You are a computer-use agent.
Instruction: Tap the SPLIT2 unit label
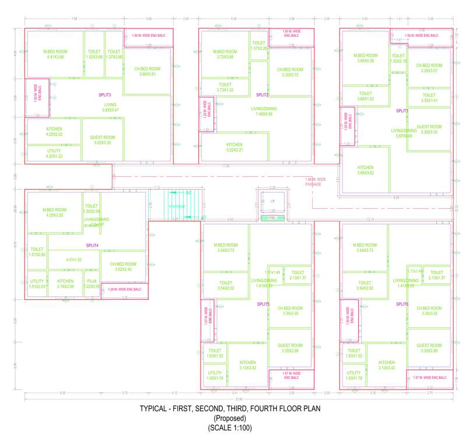pyautogui.click(x=262, y=94)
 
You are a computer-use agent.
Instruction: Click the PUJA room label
pyautogui.click(x=92, y=283)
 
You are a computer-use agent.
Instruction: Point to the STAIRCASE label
pyautogui.click(x=177, y=206)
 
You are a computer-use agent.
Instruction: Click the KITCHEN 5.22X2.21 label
pyautogui.click(x=234, y=148)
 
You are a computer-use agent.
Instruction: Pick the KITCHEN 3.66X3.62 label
pyautogui.click(x=365, y=170)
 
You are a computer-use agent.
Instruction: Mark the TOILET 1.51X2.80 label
pyautogui.click(x=37, y=252)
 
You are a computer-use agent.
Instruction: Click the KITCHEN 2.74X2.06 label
pyautogui.click(x=65, y=283)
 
